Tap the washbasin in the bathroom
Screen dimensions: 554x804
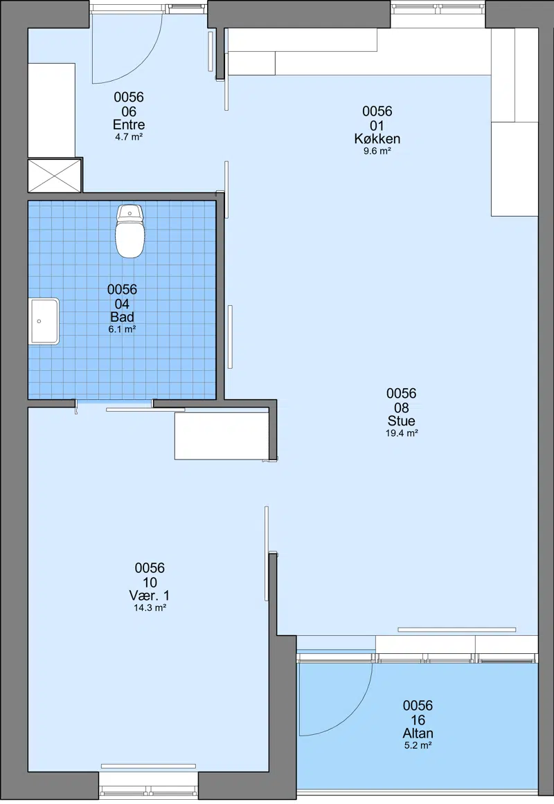[x=44, y=322]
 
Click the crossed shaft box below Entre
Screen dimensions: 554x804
[x=55, y=175]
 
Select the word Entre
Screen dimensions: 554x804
[x=129, y=125]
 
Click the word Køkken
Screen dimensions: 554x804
[x=377, y=138]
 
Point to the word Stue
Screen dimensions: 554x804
[x=401, y=421]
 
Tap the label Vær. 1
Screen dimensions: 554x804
[x=150, y=595]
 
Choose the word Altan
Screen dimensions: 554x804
[x=418, y=733]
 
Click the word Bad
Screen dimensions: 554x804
[x=122, y=317]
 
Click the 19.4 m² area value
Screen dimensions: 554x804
[x=402, y=433]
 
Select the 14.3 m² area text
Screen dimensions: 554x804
[x=150, y=607]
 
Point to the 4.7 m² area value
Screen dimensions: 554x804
[x=129, y=137]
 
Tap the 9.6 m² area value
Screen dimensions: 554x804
[x=377, y=151]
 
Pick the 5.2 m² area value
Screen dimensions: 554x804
[x=418, y=746]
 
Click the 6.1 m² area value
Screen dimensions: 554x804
[x=122, y=329]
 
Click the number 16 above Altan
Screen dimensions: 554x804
[x=418, y=720]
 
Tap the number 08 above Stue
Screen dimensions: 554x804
[x=401, y=408]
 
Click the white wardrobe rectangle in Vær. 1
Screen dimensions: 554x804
[x=222, y=435]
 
